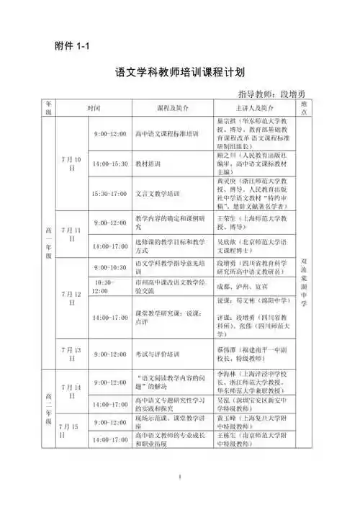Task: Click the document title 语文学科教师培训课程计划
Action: (180, 73)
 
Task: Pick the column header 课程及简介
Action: (172, 108)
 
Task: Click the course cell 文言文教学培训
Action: (158, 194)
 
